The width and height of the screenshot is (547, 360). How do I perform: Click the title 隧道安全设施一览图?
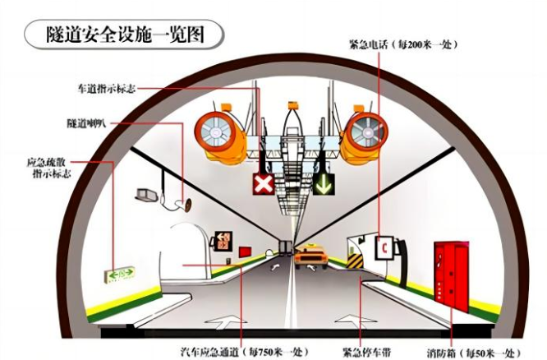point(125,35)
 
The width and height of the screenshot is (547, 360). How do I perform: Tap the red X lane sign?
point(264,183)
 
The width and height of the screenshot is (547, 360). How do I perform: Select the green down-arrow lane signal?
point(324,183)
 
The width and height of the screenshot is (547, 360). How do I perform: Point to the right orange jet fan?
point(364,135)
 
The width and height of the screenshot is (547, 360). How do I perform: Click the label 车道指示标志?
point(107,88)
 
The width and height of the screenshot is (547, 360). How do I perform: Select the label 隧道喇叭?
point(87,123)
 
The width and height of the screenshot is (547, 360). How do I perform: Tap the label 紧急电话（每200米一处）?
point(403,44)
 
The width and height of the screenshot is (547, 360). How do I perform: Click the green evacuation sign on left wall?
point(120,275)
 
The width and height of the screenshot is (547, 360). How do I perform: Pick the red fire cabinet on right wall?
point(452,276)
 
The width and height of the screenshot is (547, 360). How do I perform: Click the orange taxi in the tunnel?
point(310,256)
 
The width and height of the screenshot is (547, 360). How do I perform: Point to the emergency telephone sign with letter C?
point(384,247)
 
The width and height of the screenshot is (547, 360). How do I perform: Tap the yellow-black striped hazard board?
point(355,261)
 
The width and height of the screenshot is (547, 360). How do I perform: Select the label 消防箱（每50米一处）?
point(474,353)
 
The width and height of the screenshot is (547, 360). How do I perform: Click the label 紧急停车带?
point(366,352)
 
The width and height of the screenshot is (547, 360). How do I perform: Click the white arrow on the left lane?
point(225,321)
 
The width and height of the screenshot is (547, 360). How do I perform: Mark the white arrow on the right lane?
point(356,321)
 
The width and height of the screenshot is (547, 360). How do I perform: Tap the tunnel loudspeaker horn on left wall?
point(185,205)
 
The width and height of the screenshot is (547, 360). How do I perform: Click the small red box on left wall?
point(245,252)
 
